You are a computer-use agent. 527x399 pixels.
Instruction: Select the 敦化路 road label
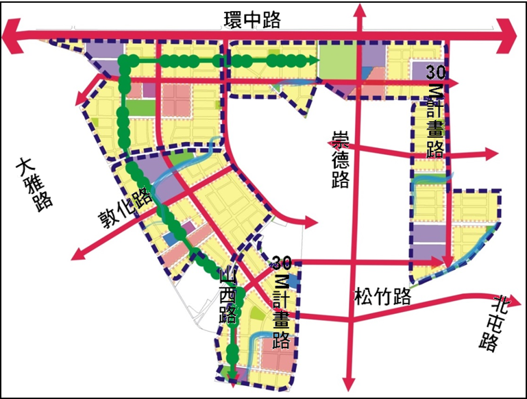124,209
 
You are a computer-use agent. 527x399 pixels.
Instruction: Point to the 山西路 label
228,295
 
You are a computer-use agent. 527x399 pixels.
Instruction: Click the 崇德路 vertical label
340,159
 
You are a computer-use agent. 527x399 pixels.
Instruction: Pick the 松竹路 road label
382,297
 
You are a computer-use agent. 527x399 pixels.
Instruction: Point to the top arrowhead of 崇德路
356,8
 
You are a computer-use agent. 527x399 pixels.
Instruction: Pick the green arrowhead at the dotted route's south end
234,374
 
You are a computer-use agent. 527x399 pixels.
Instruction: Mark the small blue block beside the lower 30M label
293,281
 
